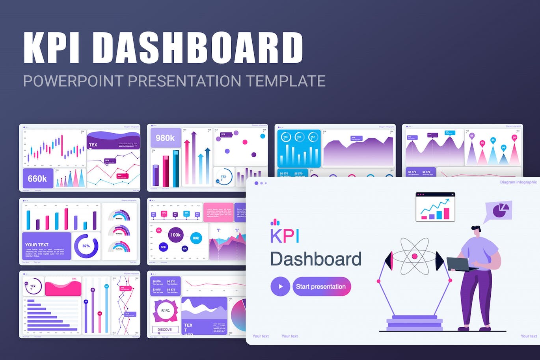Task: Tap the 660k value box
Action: click(x=37, y=179)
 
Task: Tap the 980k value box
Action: click(x=165, y=138)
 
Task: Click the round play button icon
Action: click(x=280, y=287)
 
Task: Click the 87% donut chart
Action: click(x=86, y=246)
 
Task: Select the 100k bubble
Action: click(x=175, y=235)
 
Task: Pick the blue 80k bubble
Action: click(x=196, y=238)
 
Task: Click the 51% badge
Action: click(x=166, y=311)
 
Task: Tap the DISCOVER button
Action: click(x=165, y=330)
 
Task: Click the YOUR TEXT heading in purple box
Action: click(x=37, y=245)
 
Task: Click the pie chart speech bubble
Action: click(x=499, y=211)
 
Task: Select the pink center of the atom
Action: click(x=414, y=256)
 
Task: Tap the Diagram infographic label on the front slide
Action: click(x=518, y=182)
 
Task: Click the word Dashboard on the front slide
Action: click(x=316, y=259)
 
